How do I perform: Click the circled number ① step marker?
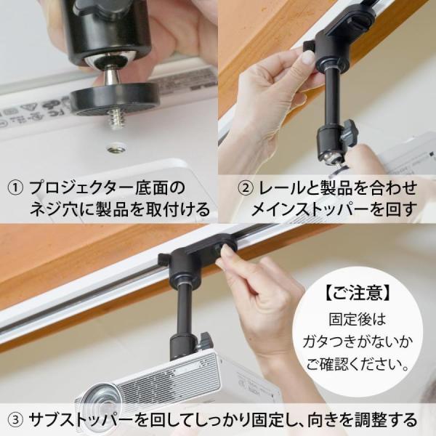click(15, 188)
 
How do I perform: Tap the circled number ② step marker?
click(246, 188)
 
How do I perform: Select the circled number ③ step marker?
click(15, 420)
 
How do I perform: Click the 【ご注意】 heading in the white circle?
click(358, 294)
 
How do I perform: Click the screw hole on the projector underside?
click(117, 149)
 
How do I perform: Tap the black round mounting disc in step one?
click(115, 100)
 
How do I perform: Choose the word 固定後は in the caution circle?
click(358, 319)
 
